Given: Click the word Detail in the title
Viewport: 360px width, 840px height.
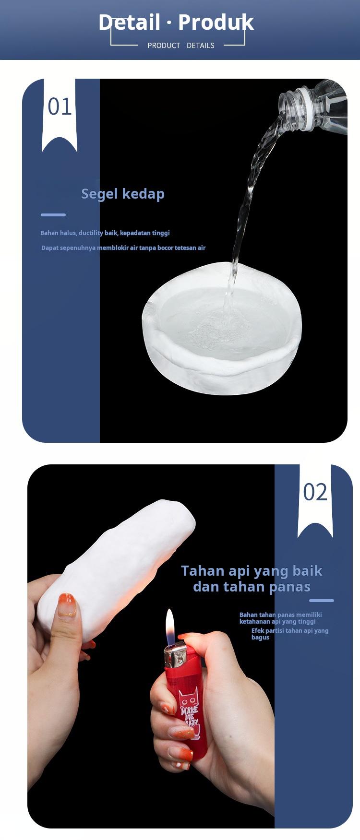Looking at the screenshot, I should (x=129, y=23).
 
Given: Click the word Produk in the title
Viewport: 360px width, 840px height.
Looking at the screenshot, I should (x=216, y=23).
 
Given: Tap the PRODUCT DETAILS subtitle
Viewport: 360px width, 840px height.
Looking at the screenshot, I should (x=180, y=46).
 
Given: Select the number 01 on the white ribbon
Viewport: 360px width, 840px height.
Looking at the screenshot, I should (x=60, y=107).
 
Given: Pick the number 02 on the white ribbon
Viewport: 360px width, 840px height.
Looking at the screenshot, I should (x=315, y=493).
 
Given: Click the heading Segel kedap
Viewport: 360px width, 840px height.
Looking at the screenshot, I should (x=123, y=194).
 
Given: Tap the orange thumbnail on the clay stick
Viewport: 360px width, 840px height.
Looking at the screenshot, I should (x=66, y=606).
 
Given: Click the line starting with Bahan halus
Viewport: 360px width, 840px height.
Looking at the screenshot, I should (x=105, y=233).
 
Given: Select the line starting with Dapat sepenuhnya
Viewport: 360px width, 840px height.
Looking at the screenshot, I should (x=123, y=248).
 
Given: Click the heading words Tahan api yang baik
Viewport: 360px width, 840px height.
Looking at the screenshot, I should (x=252, y=571).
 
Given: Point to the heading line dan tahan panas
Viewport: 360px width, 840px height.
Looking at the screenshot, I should (x=252, y=587).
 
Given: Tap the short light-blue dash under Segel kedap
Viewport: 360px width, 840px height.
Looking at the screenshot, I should (x=53, y=215).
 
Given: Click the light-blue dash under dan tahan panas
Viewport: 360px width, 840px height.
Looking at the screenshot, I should (x=321, y=601).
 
